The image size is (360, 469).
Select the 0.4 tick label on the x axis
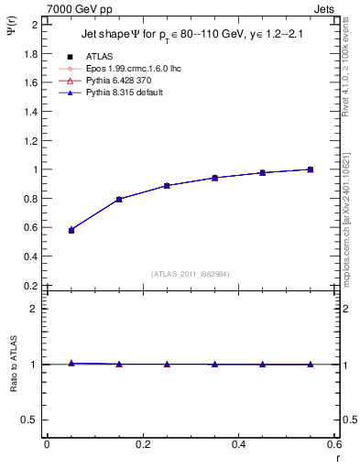(x=238, y=444)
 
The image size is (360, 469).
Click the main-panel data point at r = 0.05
(x=71, y=230)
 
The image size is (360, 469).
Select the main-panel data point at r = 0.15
(x=119, y=199)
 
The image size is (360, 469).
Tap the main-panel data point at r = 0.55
(x=310, y=169)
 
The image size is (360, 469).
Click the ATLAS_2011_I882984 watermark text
(x=191, y=274)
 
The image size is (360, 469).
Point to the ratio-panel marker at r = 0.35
(x=214, y=365)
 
